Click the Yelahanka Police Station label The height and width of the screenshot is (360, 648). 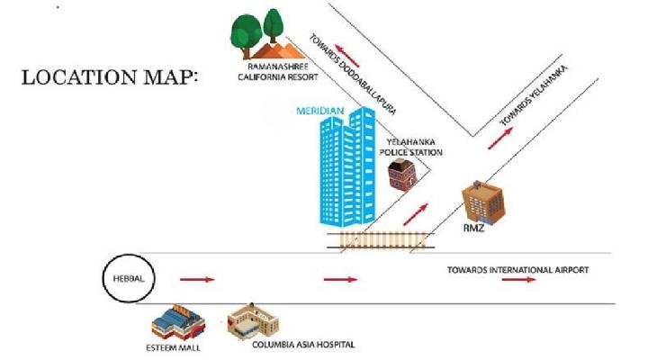(414, 148)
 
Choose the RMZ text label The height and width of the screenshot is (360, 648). (474, 228)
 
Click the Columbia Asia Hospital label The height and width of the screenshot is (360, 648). (303, 345)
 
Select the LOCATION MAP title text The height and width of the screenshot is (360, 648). (109, 76)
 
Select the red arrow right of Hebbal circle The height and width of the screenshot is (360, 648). (197, 280)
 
